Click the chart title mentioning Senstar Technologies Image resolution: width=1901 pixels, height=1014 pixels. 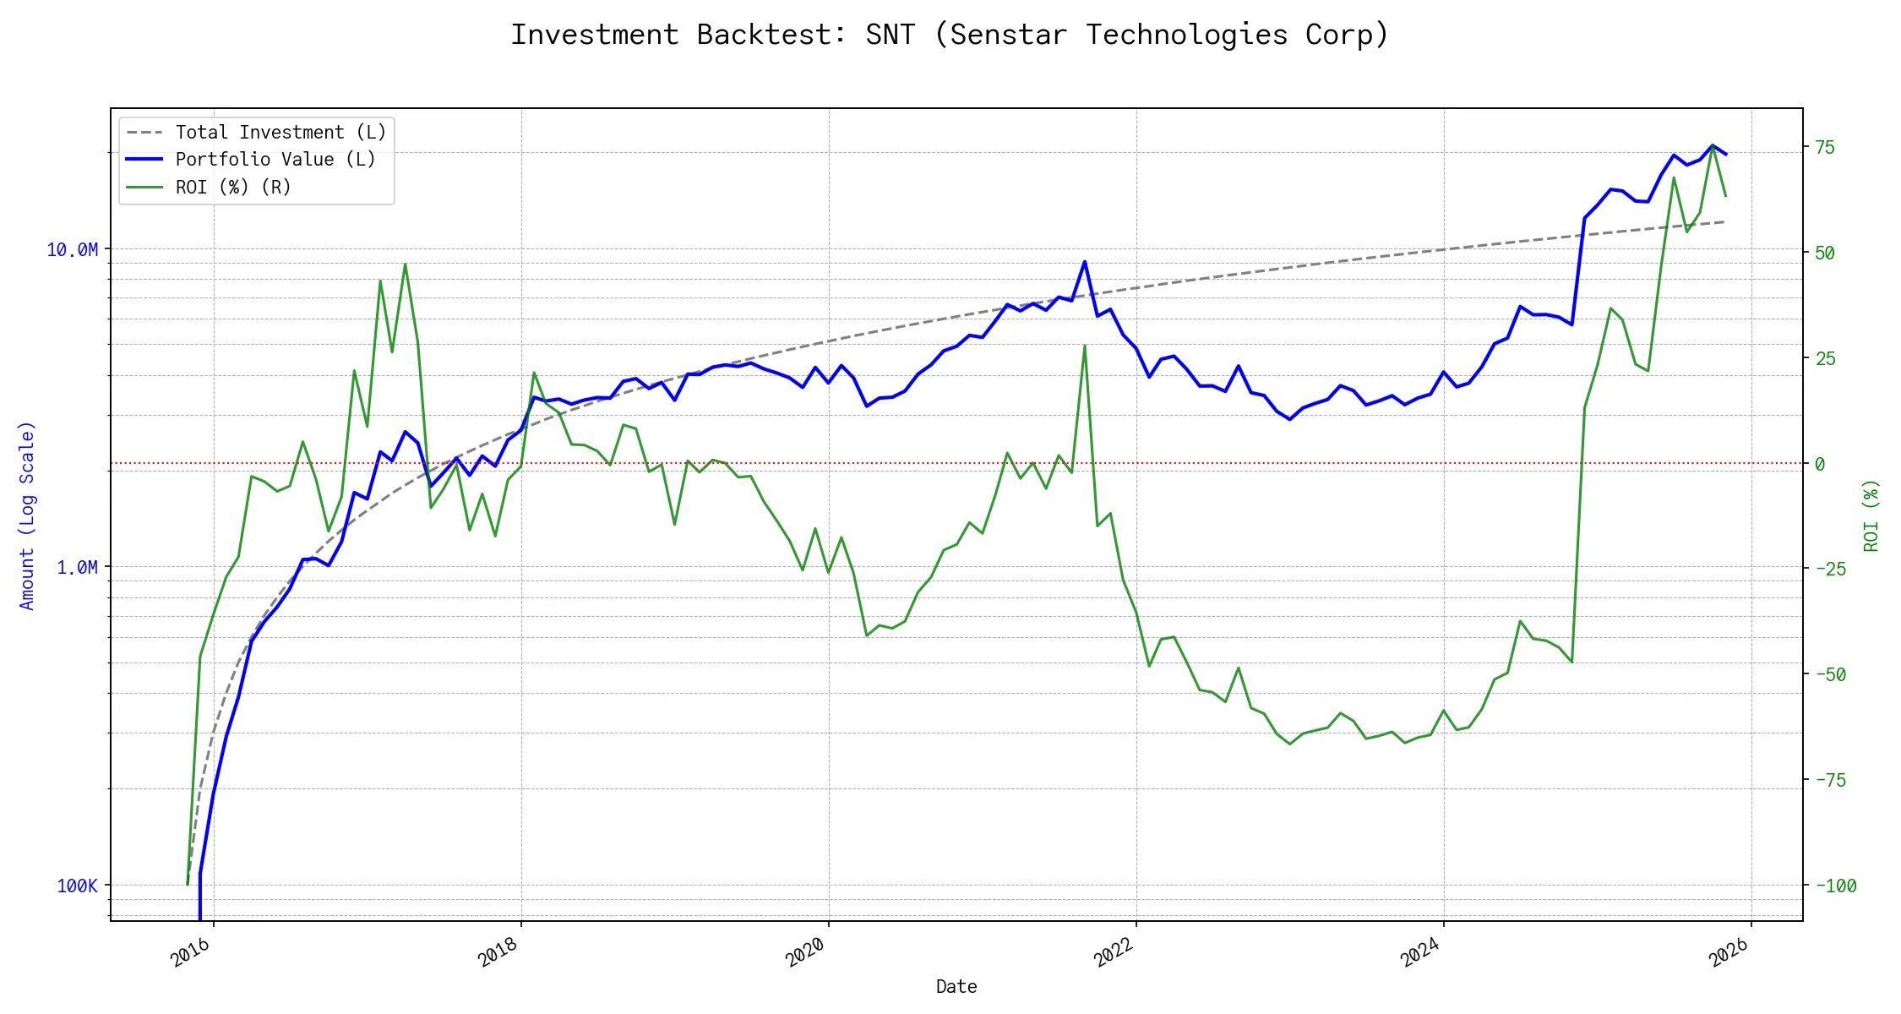[x=950, y=35]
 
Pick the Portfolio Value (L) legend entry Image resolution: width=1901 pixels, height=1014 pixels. [x=275, y=160]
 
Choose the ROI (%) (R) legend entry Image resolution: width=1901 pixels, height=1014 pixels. [x=233, y=187]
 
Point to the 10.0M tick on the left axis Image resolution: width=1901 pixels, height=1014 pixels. [x=73, y=249]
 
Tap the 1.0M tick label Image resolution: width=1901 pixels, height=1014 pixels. [x=78, y=567]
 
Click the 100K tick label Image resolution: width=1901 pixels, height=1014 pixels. [x=78, y=886]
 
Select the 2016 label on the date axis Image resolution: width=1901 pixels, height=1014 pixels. [x=191, y=953]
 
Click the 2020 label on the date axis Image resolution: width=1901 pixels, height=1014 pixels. [x=806, y=953]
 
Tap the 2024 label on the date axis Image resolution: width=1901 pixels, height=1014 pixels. [x=1421, y=953]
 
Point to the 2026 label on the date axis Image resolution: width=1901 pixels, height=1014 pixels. [x=1729, y=953]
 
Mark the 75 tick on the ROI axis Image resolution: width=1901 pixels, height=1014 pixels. [x=1825, y=147]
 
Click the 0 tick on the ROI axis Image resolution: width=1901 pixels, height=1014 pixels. [x=1820, y=464]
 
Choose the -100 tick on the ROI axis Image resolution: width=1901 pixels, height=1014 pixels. [x=1835, y=886]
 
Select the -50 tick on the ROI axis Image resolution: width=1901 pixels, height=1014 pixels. [x=1830, y=674]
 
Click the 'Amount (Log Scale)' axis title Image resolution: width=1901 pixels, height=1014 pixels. [x=27, y=515]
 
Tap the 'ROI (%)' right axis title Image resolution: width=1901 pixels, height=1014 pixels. [x=1871, y=515]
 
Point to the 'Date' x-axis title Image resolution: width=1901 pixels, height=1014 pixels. [x=956, y=986]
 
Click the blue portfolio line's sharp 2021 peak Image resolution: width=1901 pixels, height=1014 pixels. [x=1085, y=262]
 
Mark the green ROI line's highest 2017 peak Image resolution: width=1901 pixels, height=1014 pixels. [x=406, y=264]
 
